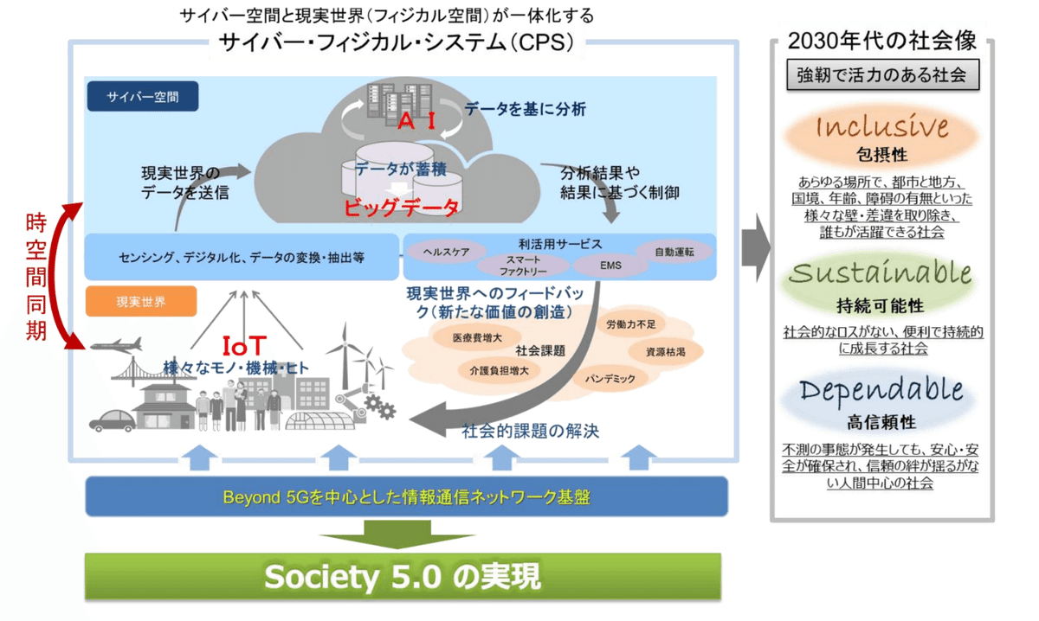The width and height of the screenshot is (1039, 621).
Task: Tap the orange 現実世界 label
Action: pos(141,302)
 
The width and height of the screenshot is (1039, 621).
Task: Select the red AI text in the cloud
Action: pos(416,121)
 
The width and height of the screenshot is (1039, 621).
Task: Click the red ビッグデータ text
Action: pos(400,208)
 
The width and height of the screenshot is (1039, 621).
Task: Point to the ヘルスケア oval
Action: pos(447,252)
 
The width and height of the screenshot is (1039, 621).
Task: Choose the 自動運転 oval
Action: pos(674,252)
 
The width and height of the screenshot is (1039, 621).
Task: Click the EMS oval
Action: pos(610,264)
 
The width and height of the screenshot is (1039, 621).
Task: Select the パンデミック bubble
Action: pos(610,379)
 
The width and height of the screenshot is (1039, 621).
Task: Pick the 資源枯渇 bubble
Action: pos(665,352)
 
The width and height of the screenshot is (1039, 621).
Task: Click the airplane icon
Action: pos(115,344)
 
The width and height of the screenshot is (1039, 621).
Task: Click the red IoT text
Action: pos(245,347)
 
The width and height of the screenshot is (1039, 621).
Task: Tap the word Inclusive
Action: pos(881,128)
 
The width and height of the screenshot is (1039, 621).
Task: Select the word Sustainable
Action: pos(881,273)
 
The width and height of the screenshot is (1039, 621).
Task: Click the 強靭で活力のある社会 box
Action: pos(882,74)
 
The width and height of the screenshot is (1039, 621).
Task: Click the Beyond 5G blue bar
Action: pos(407,496)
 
